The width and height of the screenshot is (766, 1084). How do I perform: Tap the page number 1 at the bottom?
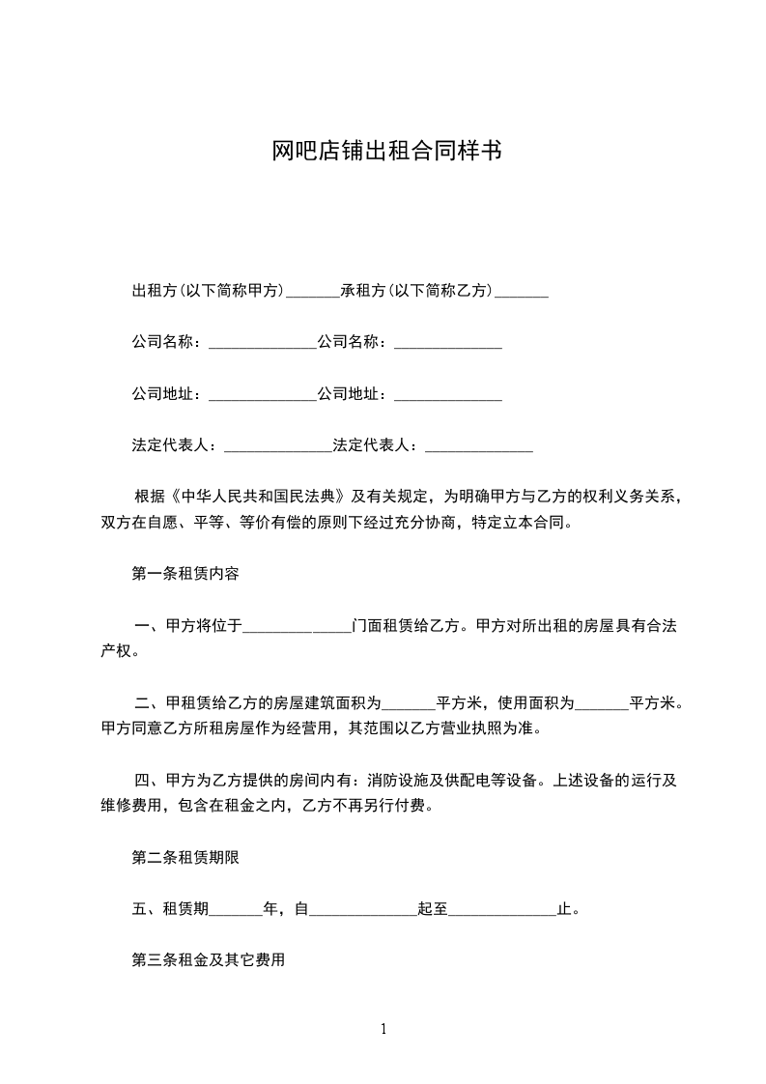(383, 1029)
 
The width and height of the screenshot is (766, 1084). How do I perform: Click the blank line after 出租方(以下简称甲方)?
(313, 291)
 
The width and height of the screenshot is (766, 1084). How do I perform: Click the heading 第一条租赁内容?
(184, 573)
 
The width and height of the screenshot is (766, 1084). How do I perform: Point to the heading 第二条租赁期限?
(184, 856)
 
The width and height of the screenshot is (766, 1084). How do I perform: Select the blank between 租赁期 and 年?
(235, 909)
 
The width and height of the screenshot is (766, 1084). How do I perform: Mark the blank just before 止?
(502, 909)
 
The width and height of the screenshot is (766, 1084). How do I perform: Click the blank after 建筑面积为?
(410, 702)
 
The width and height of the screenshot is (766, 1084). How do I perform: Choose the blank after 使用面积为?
(602, 702)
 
